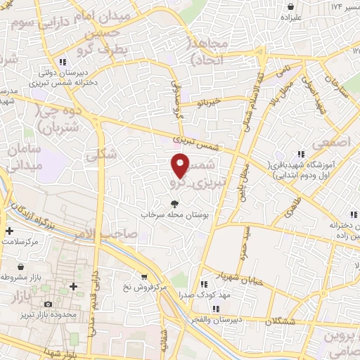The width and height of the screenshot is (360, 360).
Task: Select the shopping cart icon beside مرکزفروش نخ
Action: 144,276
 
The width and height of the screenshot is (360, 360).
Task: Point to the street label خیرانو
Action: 208,103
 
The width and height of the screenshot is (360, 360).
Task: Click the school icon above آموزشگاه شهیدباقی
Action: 301,154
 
